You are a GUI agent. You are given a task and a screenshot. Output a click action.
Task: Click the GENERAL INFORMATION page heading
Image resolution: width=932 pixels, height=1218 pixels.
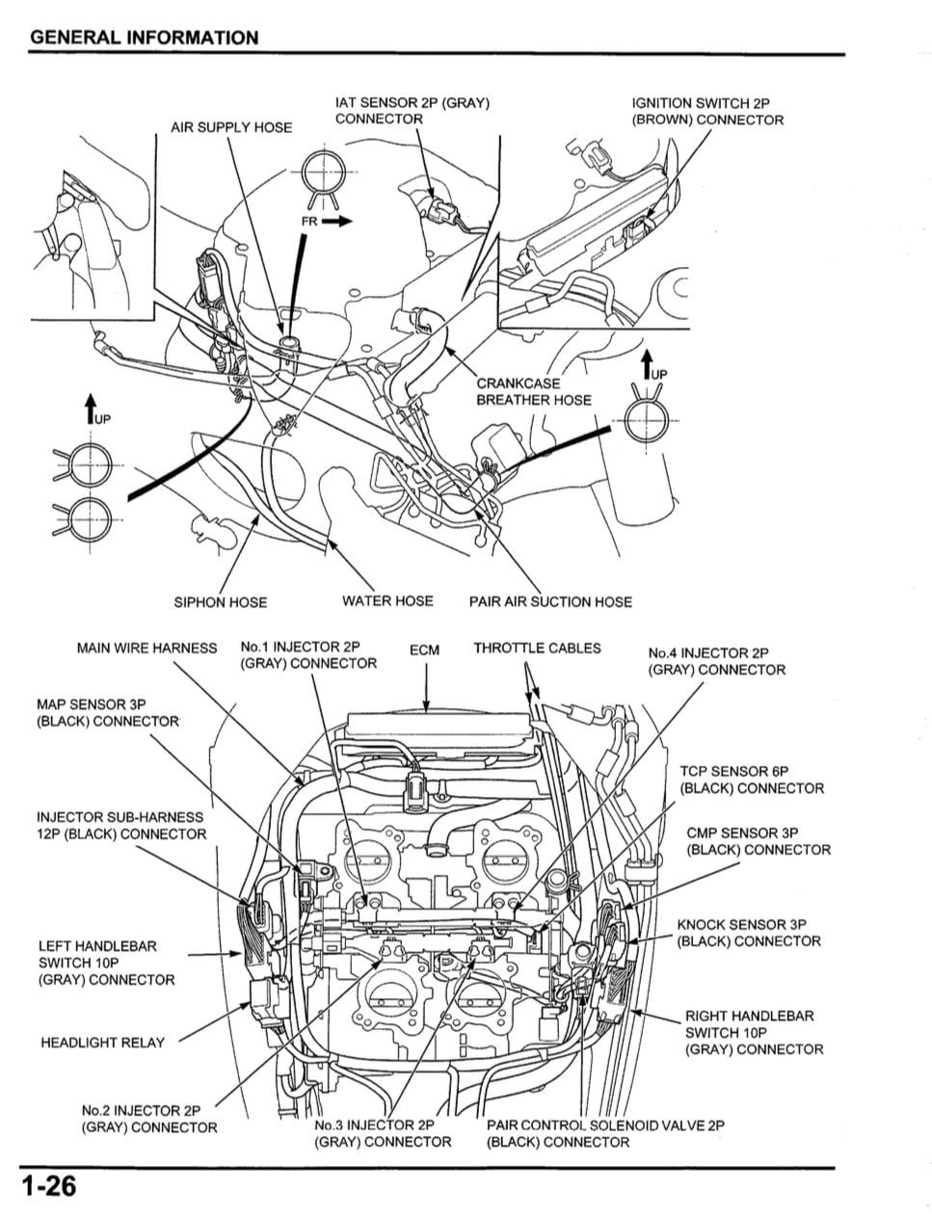click(x=145, y=38)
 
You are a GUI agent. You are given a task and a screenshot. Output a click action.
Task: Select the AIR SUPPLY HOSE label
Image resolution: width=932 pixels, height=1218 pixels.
click(x=230, y=127)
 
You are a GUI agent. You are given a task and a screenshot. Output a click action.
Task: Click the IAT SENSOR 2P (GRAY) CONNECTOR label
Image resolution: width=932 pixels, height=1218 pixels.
click(x=413, y=111)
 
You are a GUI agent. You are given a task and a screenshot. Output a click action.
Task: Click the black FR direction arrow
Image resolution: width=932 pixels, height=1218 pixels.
click(x=337, y=221)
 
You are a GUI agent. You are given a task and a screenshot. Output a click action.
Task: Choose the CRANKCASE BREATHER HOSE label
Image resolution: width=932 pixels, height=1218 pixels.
click(x=533, y=391)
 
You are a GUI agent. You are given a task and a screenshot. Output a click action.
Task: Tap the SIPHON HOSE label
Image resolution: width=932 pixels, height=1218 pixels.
click(x=220, y=602)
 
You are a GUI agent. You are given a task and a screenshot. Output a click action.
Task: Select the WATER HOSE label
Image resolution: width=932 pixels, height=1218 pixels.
click(x=387, y=601)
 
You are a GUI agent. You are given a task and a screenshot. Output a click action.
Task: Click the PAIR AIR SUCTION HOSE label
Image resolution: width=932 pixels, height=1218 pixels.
click(x=550, y=602)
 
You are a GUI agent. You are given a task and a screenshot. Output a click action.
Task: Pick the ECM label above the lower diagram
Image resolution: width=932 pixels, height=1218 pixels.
click(x=424, y=650)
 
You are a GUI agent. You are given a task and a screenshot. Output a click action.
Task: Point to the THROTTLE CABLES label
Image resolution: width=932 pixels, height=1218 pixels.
click(x=537, y=649)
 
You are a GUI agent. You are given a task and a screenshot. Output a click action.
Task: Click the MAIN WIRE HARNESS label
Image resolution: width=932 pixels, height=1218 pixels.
click(x=146, y=649)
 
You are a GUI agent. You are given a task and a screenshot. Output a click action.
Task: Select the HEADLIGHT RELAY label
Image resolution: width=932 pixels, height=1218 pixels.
click(x=102, y=1043)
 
